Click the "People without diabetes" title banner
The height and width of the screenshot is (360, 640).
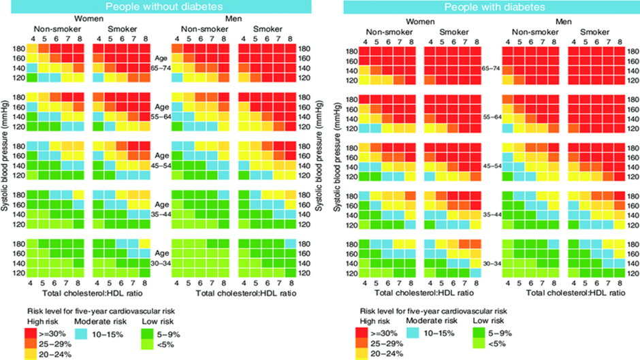(161, 7)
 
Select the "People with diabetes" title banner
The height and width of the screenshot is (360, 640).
(492, 7)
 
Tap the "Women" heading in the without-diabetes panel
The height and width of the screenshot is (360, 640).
(89, 19)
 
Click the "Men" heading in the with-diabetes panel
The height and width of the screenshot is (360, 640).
(563, 22)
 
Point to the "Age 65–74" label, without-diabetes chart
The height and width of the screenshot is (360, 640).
(161, 63)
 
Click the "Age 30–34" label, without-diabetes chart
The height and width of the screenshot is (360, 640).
(161, 258)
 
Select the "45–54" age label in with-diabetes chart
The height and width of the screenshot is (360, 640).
(492, 166)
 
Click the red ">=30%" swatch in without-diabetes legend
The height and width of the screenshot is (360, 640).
(31, 333)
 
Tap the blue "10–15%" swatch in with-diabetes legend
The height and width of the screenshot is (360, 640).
(413, 333)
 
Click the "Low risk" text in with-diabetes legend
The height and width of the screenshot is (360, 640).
(488, 321)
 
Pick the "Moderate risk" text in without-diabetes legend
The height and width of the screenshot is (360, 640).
(100, 321)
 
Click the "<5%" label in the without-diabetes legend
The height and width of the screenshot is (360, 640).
(165, 344)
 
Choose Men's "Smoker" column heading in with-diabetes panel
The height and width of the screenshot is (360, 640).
(594, 32)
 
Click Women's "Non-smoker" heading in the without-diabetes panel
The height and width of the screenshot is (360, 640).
(57, 29)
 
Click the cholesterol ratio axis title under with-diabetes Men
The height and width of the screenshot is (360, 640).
(575, 293)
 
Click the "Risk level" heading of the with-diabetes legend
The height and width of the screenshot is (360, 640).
(434, 311)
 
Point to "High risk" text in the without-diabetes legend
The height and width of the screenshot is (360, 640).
(42, 321)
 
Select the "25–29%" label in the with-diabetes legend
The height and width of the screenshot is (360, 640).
(387, 344)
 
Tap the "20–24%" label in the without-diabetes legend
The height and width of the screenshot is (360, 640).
(55, 355)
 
